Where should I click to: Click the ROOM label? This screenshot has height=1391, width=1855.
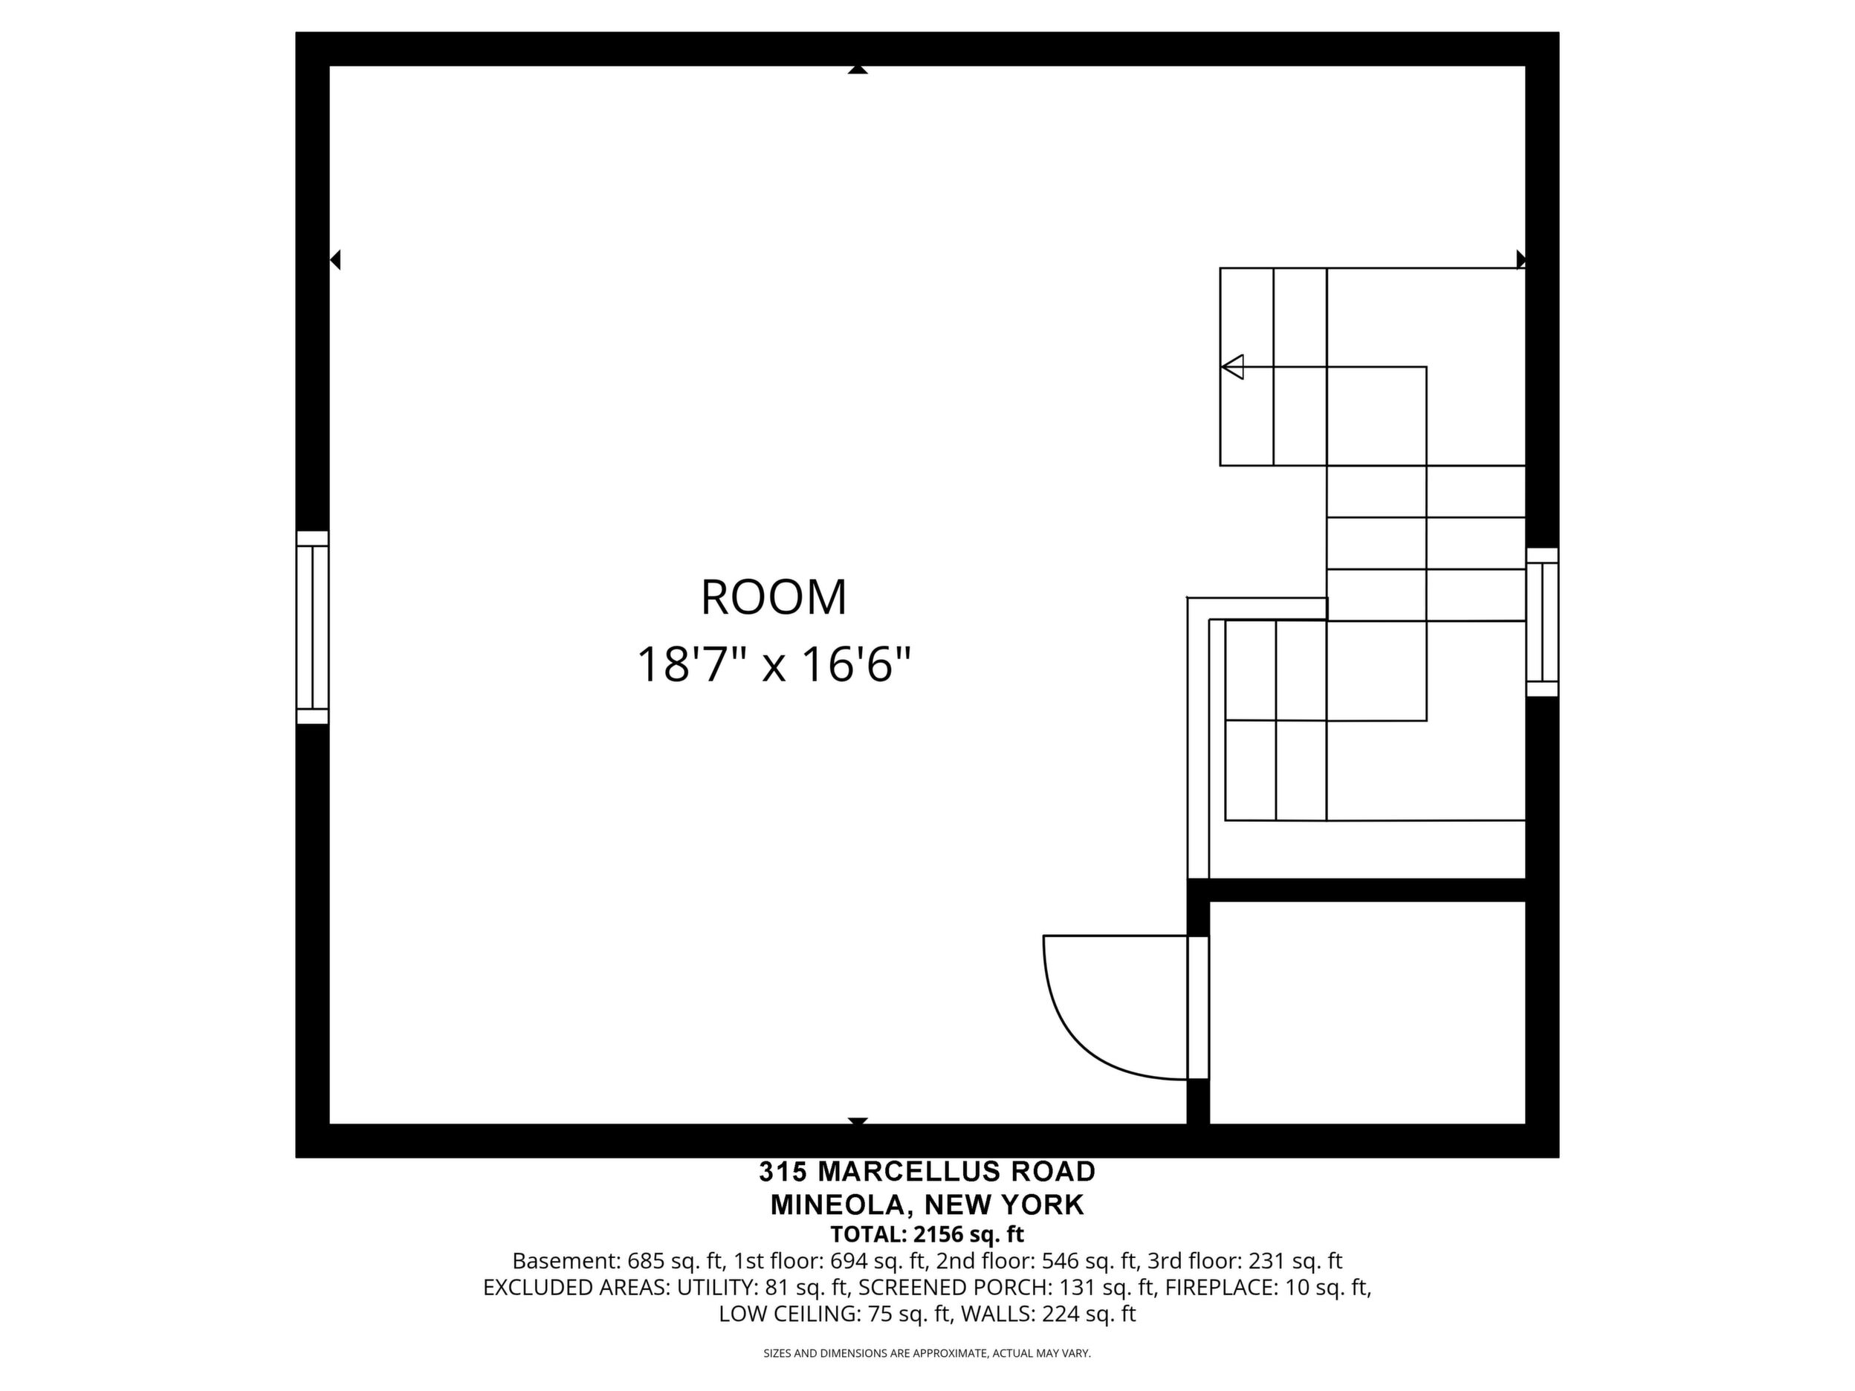pyautogui.click(x=773, y=598)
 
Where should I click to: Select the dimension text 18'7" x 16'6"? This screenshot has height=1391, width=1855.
pyautogui.click(x=773, y=666)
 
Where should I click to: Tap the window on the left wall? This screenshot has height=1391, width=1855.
pyautogui.click(x=312, y=627)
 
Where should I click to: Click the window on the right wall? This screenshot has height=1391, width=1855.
pyautogui.click(x=1542, y=622)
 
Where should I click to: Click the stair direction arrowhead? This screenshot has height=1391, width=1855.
pyautogui.click(x=1232, y=366)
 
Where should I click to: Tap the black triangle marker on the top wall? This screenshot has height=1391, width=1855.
pyautogui.click(x=857, y=70)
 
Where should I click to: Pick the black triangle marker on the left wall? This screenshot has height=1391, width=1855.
pyautogui.click(x=334, y=260)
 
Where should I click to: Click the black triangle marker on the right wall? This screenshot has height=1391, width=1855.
pyautogui.click(x=1521, y=259)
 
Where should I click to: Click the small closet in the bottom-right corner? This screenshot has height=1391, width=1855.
pyautogui.click(x=1367, y=1013)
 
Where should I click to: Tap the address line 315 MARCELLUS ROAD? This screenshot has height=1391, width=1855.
pyautogui.click(x=927, y=1171)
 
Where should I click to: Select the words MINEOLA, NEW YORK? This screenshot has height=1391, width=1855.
pyautogui.click(x=927, y=1204)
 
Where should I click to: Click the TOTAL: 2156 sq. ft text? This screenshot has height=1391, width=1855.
pyautogui.click(x=927, y=1234)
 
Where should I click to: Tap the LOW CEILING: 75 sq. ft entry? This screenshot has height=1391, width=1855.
pyautogui.click(x=834, y=1314)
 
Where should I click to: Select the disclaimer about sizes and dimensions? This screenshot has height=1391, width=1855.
pyautogui.click(x=927, y=1353)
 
